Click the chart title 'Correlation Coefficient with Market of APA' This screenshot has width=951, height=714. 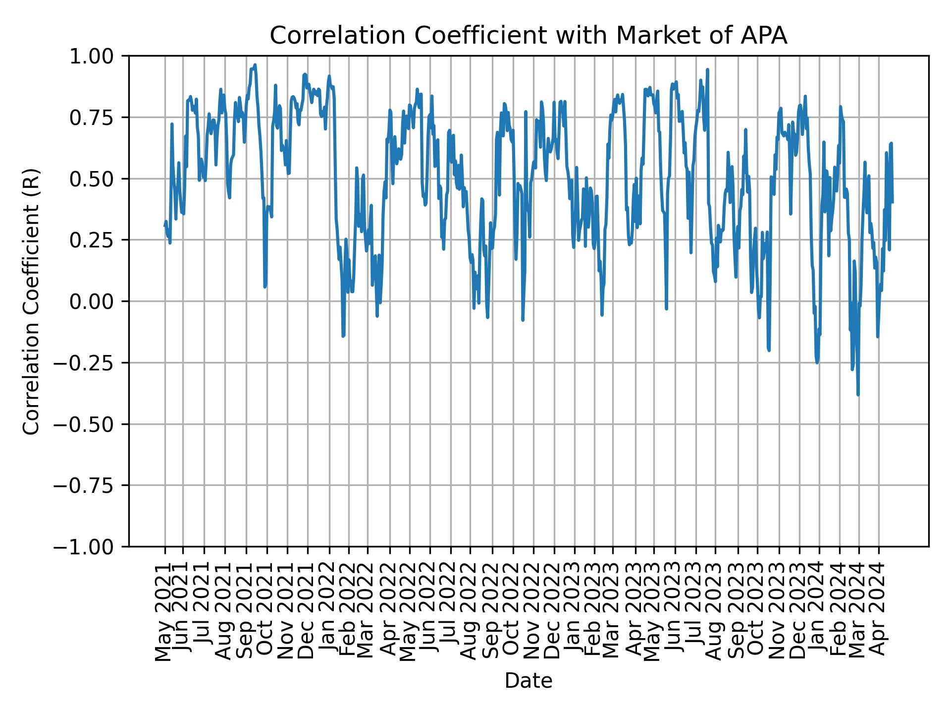tap(528, 36)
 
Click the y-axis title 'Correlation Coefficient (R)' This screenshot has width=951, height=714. tap(31, 301)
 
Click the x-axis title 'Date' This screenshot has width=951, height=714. tap(528, 681)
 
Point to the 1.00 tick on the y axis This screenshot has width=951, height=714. tap(98, 56)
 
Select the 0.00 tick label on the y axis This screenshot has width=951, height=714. tap(98, 301)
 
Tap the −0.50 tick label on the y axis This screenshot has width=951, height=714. tap(91, 424)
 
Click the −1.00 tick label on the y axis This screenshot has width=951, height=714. tap(91, 546)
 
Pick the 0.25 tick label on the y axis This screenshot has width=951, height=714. tap(98, 240)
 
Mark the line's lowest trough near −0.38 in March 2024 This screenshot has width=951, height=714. tap(858, 395)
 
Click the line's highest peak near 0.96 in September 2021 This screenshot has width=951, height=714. tap(255, 65)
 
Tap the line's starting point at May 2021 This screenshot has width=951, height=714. tap(164, 226)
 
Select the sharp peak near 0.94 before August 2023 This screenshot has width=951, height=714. tap(707, 70)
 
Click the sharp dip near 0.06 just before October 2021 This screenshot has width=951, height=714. tap(265, 286)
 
